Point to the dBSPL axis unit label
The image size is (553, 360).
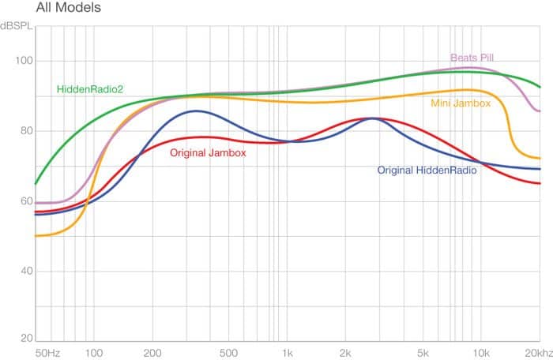[17, 27]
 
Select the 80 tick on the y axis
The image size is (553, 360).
[21, 131]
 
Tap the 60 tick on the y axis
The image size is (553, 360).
[21, 201]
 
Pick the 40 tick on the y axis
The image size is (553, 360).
[21, 272]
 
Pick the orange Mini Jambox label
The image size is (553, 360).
[461, 103]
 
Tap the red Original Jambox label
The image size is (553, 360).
[209, 153]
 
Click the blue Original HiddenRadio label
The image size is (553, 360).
[427, 171]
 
